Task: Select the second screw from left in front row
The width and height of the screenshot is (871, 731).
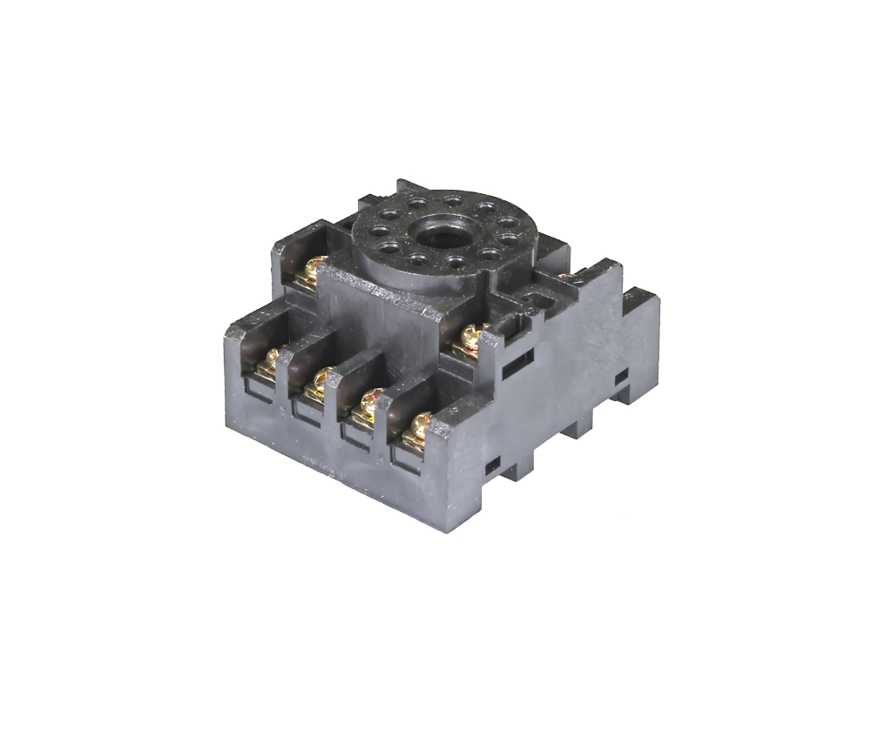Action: tap(319, 379)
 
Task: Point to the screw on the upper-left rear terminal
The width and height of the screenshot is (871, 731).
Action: tap(312, 272)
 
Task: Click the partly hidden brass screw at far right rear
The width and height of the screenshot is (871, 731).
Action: tap(568, 276)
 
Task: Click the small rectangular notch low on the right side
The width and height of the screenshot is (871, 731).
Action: tap(492, 461)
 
